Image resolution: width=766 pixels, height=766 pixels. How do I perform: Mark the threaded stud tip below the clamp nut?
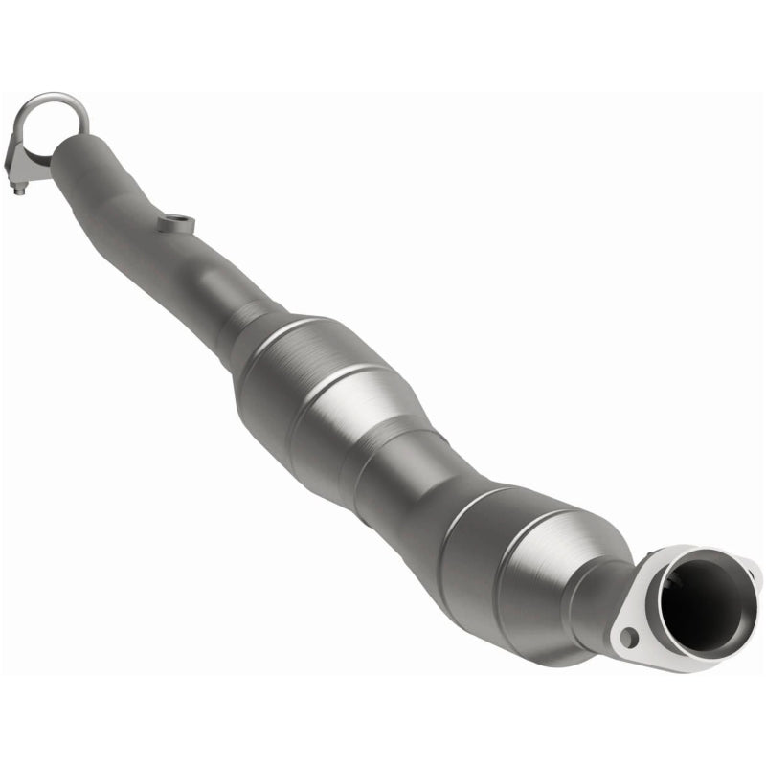click(x=19, y=191)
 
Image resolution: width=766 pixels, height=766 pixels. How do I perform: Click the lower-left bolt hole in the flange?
click(x=627, y=635)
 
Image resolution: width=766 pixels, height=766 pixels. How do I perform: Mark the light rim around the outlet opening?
click(x=670, y=565)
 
